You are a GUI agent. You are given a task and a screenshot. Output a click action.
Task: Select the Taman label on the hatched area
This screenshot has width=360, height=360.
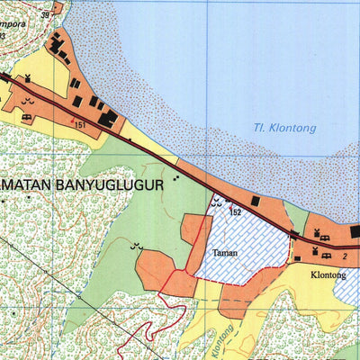[224, 253]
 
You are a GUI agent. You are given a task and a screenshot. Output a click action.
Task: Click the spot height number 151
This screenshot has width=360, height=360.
[81, 125]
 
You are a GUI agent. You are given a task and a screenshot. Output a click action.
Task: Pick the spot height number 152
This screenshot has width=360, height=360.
[237, 211]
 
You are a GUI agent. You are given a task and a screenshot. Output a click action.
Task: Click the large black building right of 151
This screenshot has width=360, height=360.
[108, 118]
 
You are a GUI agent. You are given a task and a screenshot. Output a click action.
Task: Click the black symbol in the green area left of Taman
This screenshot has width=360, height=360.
[137, 245]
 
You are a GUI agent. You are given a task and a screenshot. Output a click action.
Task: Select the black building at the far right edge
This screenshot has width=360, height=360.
[355, 231]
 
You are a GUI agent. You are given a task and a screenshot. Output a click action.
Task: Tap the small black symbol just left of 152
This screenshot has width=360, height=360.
[214, 204]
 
